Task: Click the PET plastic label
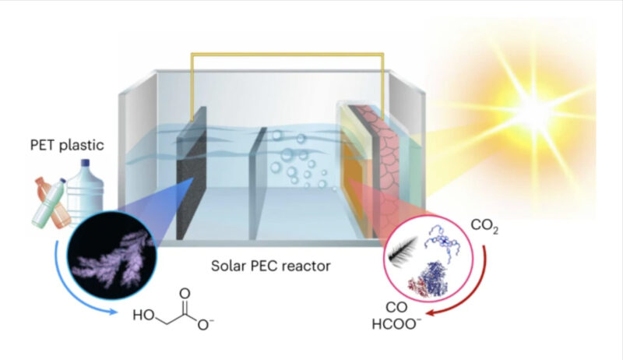click(67, 145)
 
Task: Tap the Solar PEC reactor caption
click(270, 266)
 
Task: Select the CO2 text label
click(484, 226)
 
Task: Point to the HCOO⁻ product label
click(396, 324)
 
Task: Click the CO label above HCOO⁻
click(396, 307)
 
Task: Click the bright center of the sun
click(534, 112)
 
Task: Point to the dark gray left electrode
click(191, 175)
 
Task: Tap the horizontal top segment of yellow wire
click(287, 54)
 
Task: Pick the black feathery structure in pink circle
click(403, 248)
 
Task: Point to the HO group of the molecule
click(143, 315)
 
